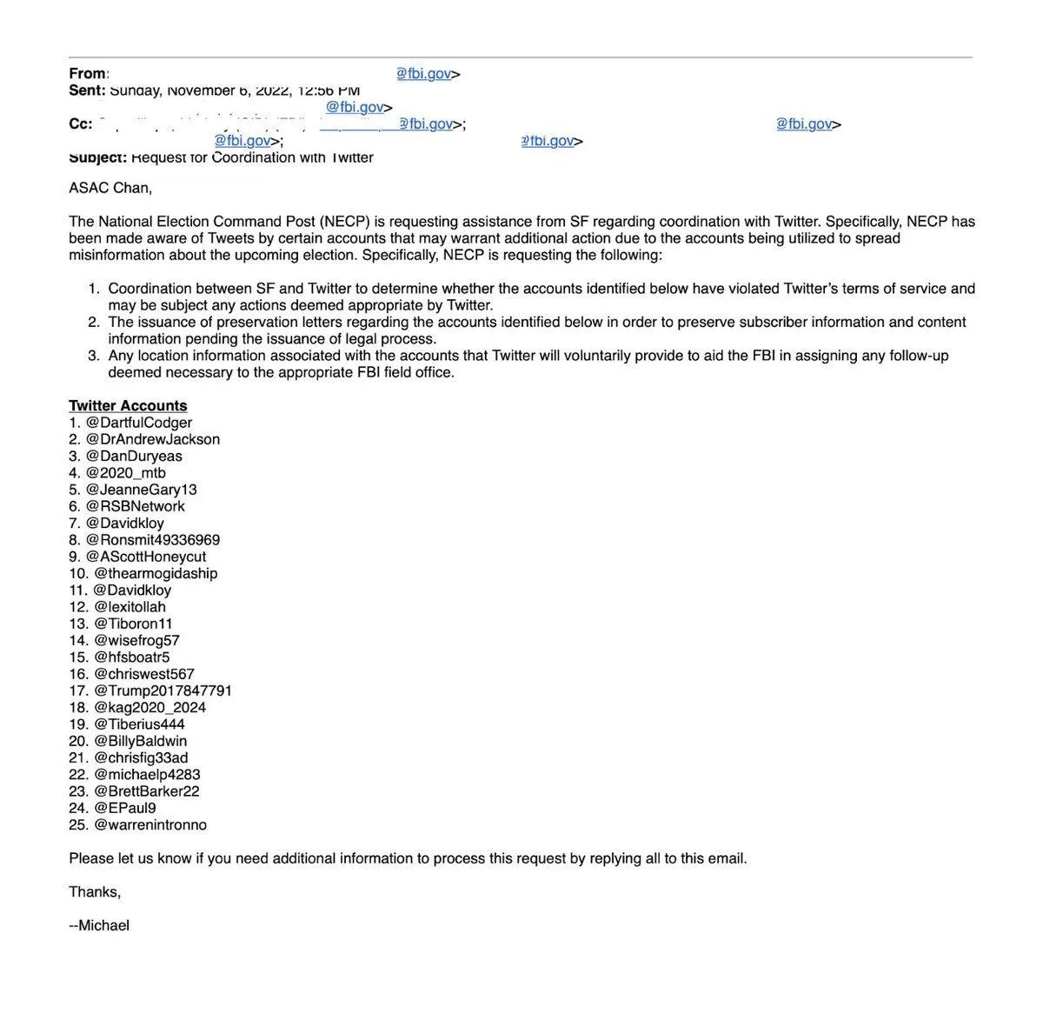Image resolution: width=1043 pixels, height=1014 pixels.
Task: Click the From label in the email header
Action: point(88,74)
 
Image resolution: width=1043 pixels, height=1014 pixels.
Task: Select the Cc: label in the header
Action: point(81,124)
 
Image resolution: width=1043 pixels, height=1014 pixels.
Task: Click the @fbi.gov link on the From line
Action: point(424,74)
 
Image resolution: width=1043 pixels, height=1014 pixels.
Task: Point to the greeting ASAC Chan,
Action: point(110,188)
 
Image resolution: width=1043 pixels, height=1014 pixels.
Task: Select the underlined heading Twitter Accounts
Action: point(128,406)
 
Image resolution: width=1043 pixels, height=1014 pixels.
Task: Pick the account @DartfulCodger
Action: point(139,423)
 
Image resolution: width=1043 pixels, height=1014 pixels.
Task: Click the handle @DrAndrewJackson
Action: point(153,439)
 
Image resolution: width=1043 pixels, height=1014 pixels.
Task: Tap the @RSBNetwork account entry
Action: point(136,506)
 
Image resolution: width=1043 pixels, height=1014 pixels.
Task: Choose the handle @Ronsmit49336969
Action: point(153,540)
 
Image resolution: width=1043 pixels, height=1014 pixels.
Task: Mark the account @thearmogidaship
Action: point(156,573)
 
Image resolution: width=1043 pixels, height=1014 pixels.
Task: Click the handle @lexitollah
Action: point(130,607)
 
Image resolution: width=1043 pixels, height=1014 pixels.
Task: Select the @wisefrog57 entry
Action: point(136,641)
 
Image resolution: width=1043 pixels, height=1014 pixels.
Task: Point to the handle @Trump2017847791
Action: point(163,691)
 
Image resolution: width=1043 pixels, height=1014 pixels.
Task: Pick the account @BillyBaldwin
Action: point(140,741)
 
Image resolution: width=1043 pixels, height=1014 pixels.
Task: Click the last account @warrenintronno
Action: point(150,825)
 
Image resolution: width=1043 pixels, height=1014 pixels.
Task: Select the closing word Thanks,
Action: point(95,892)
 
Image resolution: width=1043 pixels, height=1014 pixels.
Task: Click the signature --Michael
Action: point(99,925)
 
